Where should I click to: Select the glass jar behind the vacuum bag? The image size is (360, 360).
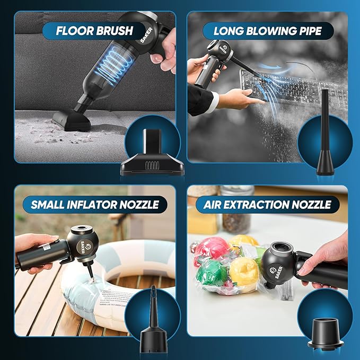click(236, 212)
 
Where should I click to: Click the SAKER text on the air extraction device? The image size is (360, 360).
click(278, 271)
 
